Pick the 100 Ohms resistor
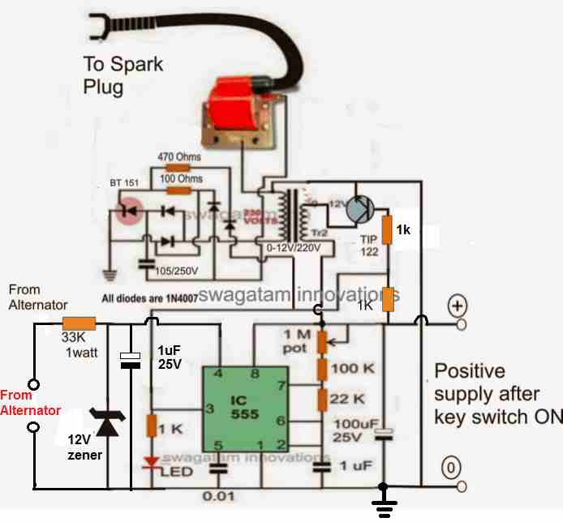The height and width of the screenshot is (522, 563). pyautogui.click(x=177, y=190)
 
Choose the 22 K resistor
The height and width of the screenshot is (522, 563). pyautogui.click(x=322, y=400)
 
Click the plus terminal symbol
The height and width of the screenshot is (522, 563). pyautogui.click(x=457, y=307)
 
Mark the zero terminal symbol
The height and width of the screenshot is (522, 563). pyautogui.click(x=450, y=467)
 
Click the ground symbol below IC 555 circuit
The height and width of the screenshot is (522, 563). pyautogui.click(x=381, y=507)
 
